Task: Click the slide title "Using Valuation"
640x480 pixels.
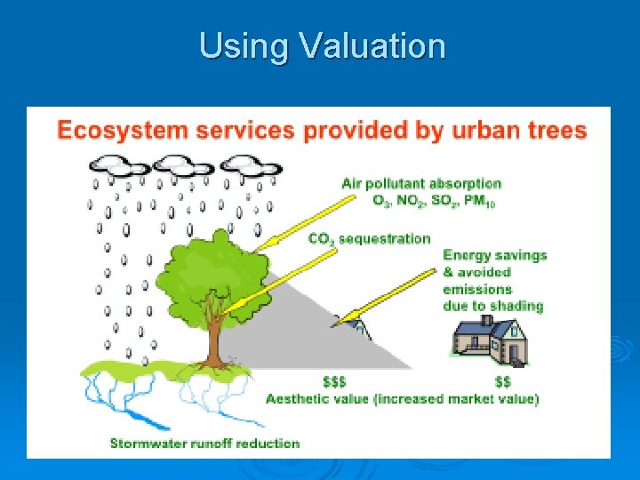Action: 322,46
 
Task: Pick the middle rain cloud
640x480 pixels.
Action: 184,165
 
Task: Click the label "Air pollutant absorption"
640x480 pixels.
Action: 421,184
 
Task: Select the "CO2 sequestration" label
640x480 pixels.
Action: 369,239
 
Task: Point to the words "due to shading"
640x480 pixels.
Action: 492,307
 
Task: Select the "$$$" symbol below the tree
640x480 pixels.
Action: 334,382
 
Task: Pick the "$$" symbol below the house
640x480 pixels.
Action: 502,382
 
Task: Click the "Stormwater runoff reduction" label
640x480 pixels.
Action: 204,443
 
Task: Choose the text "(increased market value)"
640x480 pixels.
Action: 460,399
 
